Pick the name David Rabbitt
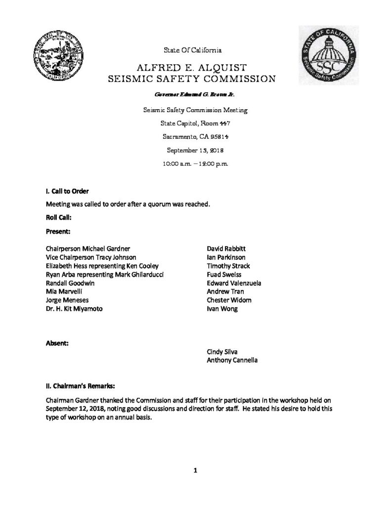227,249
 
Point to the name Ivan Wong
222,309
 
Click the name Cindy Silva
224,352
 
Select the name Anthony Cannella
232,360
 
